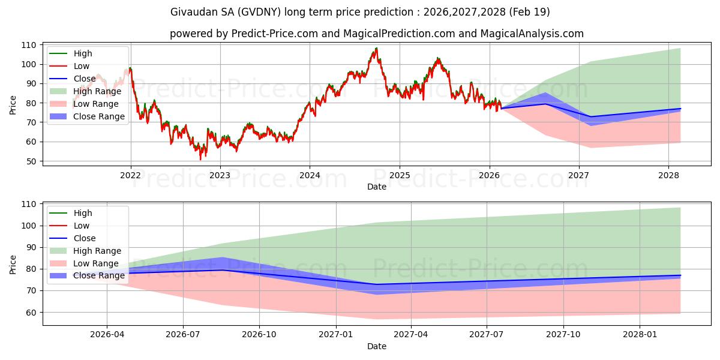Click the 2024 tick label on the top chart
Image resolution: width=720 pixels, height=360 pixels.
coord(310,175)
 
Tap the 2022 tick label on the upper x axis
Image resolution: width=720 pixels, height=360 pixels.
coord(131,175)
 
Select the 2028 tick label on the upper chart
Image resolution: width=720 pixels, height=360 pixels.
coord(668,175)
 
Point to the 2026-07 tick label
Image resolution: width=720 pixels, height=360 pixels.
coord(183,335)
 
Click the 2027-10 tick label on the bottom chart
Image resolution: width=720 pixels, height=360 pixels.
coord(563,335)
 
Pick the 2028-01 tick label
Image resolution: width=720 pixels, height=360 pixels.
coord(640,335)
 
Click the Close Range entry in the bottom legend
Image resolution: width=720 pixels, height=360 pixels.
coord(87,276)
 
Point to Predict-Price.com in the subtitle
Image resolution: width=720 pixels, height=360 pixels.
coord(275,34)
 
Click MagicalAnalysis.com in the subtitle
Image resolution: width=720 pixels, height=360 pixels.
coord(532,34)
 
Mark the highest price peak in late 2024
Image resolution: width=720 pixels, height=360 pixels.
coord(376,48)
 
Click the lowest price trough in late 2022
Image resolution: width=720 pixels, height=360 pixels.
coord(200,159)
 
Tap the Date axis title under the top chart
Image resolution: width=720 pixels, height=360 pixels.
coord(377,187)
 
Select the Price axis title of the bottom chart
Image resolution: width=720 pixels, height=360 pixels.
coord(13,265)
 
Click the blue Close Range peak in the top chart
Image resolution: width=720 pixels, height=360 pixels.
coord(545,93)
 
